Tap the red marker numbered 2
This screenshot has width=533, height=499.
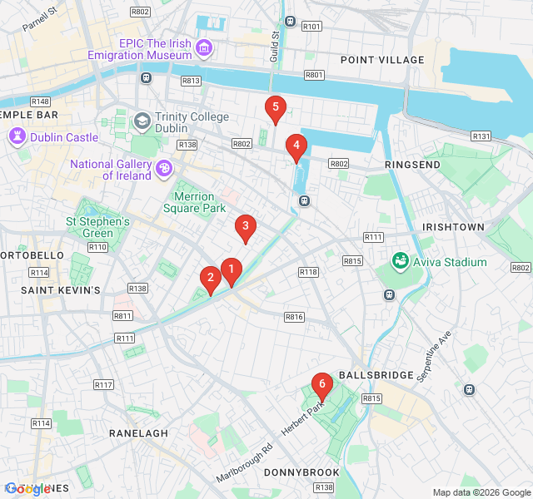(x=211, y=279)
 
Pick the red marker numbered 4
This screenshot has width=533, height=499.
(x=296, y=146)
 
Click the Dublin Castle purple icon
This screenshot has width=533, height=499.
(x=17, y=136)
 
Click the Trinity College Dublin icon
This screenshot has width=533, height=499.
(x=142, y=122)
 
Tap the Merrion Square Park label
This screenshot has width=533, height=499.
(x=187, y=202)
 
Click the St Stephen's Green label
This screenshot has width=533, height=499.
(x=98, y=227)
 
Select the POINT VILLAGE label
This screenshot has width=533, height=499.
(x=382, y=60)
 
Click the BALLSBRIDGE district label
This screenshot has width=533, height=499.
(x=376, y=375)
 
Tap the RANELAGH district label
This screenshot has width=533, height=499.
(x=138, y=433)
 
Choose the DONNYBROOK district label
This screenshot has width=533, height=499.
(x=301, y=472)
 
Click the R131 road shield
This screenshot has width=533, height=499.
(x=481, y=136)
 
